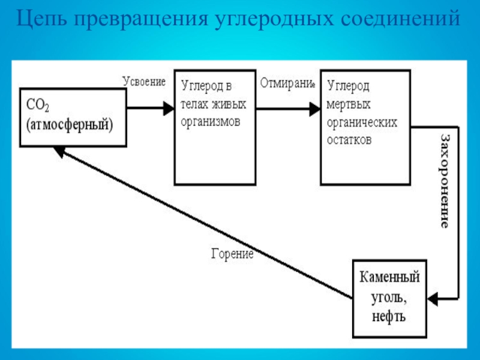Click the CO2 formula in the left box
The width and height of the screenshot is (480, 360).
(37, 106)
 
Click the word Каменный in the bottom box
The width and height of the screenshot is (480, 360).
(389, 278)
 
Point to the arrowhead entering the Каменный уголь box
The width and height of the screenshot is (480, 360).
(434, 296)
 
